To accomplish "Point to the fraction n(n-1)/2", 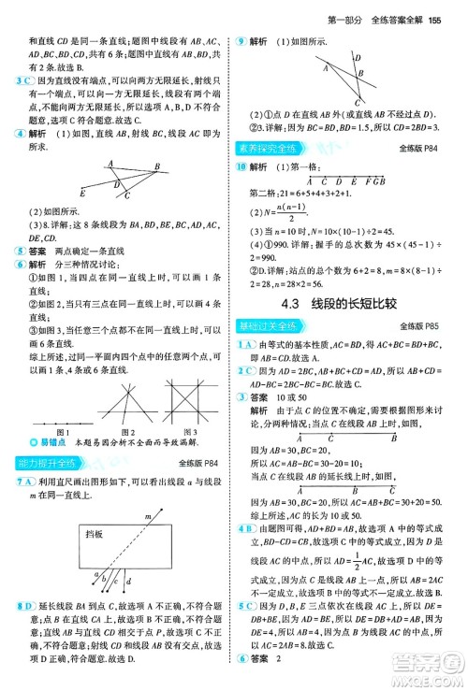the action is coord(294,211).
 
